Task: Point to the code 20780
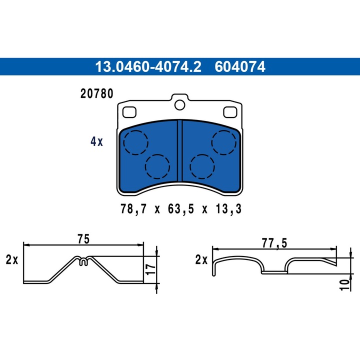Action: click(x=96, y=93)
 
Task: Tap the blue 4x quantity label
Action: click(x=96, y=141)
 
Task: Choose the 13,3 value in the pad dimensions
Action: click(x=229, y=209)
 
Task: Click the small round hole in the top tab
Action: click(x=180, y=104)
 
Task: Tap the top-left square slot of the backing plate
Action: click(x=130, y=111)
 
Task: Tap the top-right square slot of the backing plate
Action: click(x=230, y=111)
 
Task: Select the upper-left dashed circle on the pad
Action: click(x=136, y=142)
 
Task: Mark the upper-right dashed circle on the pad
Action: click(x=223, y=142)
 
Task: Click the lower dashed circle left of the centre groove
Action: click(x=157, y=164)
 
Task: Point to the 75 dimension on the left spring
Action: click(x=84, y=239)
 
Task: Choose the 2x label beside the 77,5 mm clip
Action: click(x=201, y=260)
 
